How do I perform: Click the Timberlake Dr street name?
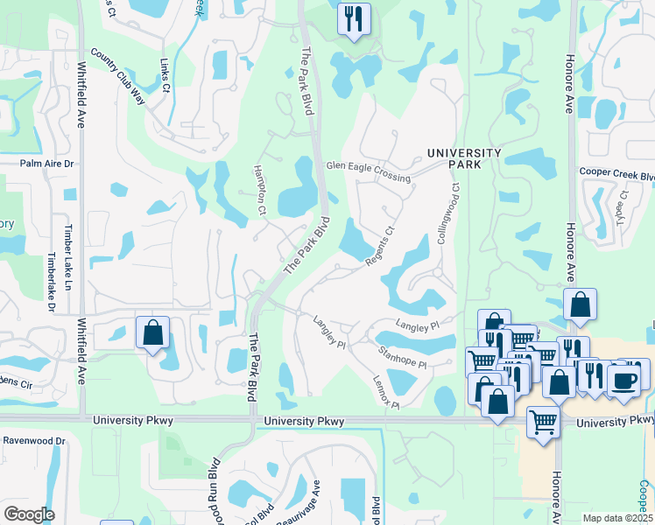tap(52, 283)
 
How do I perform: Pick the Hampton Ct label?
tap(259, 189)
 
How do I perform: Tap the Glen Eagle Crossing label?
tap(368, 171)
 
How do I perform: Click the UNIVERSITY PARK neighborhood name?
tap(464, 159)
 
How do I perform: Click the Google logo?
tap(29, 514)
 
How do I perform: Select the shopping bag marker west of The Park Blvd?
tap(152, 333)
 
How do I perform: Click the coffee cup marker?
tap(623, 379)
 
